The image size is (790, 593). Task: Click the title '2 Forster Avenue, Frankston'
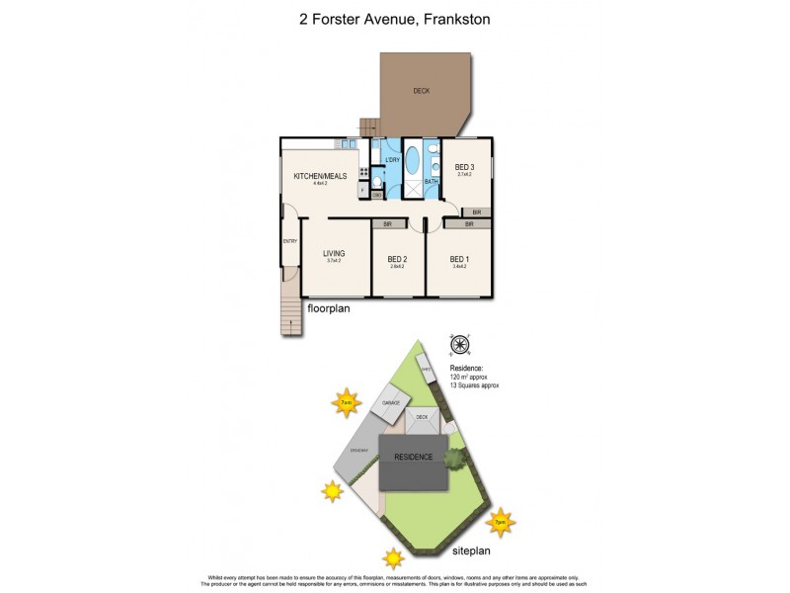pos(395,18)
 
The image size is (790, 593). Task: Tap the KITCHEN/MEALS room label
pos(319,177)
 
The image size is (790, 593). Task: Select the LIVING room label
pos(333,254)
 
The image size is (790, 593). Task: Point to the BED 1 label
pos(459,260)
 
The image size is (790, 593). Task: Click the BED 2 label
pos(397,260)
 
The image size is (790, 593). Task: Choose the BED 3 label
pos(464,167)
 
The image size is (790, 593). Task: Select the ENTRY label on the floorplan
pos(289,241)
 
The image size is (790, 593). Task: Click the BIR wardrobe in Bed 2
pos(388,224)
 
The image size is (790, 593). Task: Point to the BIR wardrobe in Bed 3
pos(476,212)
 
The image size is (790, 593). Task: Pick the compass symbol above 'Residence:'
pos(459,345)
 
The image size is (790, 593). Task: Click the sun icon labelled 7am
pos(345,403)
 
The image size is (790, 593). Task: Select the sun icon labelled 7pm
pos(501,522)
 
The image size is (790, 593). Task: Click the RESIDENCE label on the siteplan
pos(415,458)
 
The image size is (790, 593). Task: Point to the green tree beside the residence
pos(456,458)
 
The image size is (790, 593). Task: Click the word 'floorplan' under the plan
pos(330,308)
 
